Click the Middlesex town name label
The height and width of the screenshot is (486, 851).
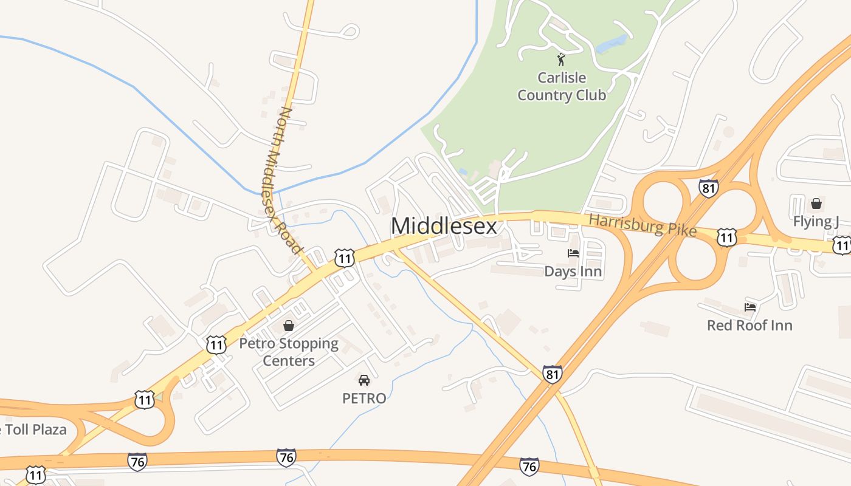pyautogui.click(x=444, y=226)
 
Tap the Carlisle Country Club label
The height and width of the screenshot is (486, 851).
pyautogui.click(x=562, y=86)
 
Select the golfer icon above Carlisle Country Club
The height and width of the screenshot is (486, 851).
pyautogui.click(x=561, y=60)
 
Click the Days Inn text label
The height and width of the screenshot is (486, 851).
pyautogui.click(x=573, y=271)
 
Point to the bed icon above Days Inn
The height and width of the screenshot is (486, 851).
pyautogui.click(x=573, y=253)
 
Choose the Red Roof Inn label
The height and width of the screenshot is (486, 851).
pyautogui.click(x=749, y=325)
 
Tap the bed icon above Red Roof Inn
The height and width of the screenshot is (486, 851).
pyautogui.click(x=750, y=307)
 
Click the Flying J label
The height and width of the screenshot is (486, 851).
pyautogui.click(x=816, y=221)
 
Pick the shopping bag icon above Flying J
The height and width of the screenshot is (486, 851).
pyautogui.click(x=816, y=203)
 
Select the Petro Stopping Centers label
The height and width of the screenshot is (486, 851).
pyautogui.click(x=289, y=352)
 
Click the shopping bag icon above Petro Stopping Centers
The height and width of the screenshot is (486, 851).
pyautogui.click(x=289, y=326)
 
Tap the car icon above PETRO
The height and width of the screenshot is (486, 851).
pyautogui.click(x=364, y=380)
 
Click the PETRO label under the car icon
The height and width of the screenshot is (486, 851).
pyautogui.click(x=364, y=399)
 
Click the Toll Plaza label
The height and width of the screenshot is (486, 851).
pyautogui.click(x=33, y=430)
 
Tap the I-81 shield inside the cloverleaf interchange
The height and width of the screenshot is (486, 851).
pyautogui.click(x=708, y=188)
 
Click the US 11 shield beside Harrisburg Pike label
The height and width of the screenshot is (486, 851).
pyautogui.click(x=727, y=237)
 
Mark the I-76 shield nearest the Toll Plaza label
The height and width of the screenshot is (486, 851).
pyautogui.click(x=137, y=462)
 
